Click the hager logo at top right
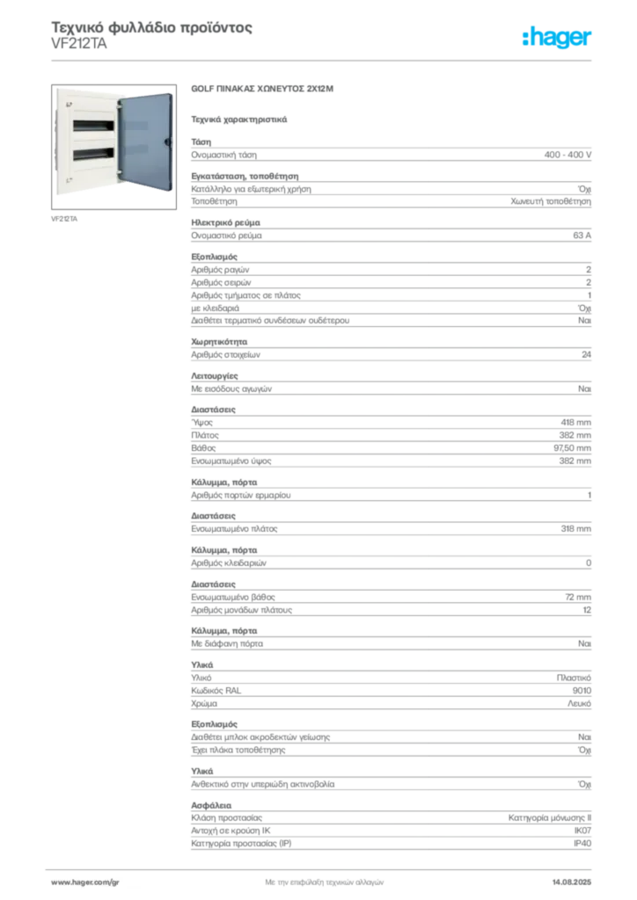557,38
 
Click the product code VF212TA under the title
78,44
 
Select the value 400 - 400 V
567,155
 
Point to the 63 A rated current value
582,236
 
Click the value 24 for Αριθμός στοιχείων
586,355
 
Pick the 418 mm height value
575,423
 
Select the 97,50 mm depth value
572,447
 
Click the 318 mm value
575,528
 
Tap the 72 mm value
578,597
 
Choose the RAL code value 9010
582,691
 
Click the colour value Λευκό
579,703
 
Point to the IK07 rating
582,831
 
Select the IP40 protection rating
582,843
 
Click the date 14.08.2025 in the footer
572,882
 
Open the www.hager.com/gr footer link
85,882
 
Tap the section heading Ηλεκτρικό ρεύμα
226,222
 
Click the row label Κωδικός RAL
216,691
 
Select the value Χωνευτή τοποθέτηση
551,201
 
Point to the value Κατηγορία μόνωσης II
550,818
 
